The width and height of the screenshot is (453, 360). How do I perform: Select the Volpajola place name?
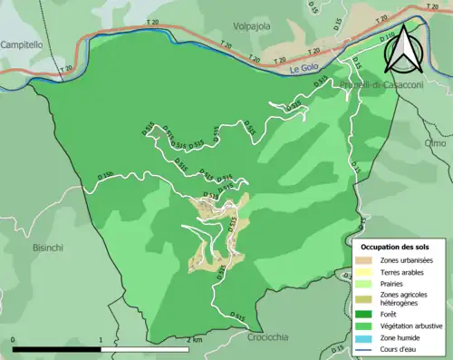[x=252, y=26]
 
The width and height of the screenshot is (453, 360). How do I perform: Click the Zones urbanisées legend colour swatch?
[x=366, y=260]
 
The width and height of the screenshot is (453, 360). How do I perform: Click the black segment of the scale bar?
[x=56, y=349]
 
